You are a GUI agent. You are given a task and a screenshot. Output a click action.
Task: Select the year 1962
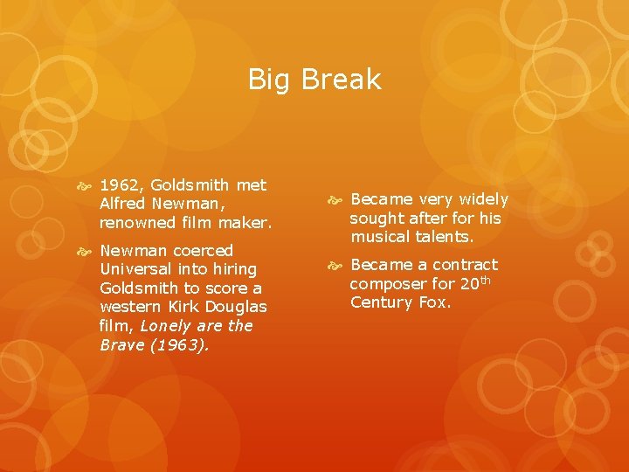[121, 184]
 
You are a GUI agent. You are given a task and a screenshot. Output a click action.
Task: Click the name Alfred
[123, 204]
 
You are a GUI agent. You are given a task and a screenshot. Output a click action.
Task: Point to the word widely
[479, 200]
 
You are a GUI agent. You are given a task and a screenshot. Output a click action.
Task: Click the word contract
[464, 265]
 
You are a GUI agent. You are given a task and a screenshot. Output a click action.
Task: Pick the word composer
[388, 283]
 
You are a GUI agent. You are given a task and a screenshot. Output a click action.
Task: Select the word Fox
[434, 302]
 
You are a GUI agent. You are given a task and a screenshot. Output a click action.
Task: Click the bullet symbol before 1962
[86, 185]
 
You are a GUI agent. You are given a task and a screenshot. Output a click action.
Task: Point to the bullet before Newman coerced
[86, 252]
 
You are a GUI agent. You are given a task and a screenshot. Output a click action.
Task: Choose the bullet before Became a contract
[335, 266]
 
